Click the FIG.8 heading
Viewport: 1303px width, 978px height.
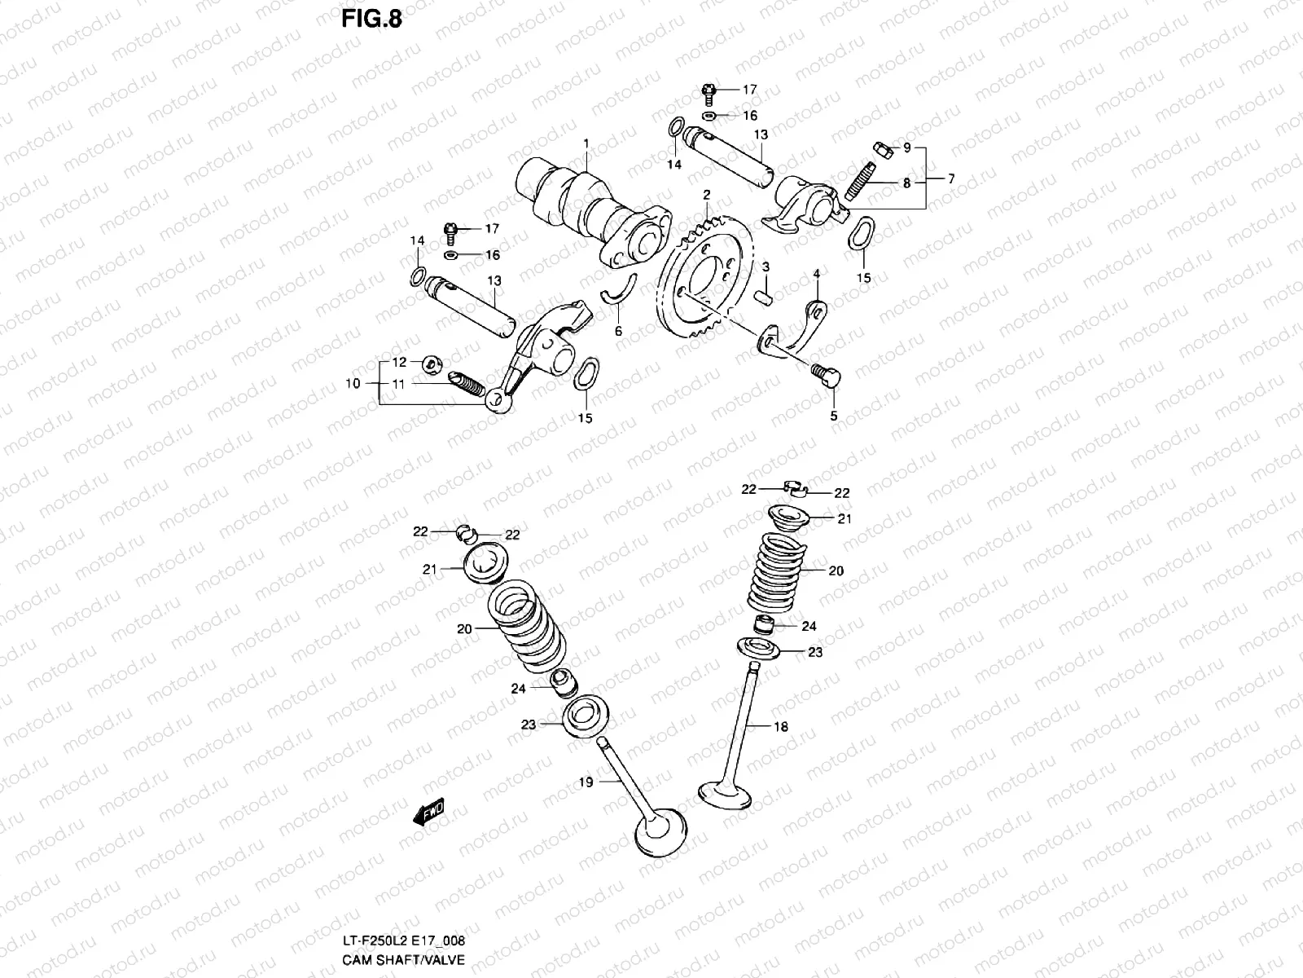[372, 19]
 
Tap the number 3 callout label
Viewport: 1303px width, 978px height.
[766, 267]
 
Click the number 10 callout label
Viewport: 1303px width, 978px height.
[353, 384]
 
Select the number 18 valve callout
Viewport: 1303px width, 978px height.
[781, 726]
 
